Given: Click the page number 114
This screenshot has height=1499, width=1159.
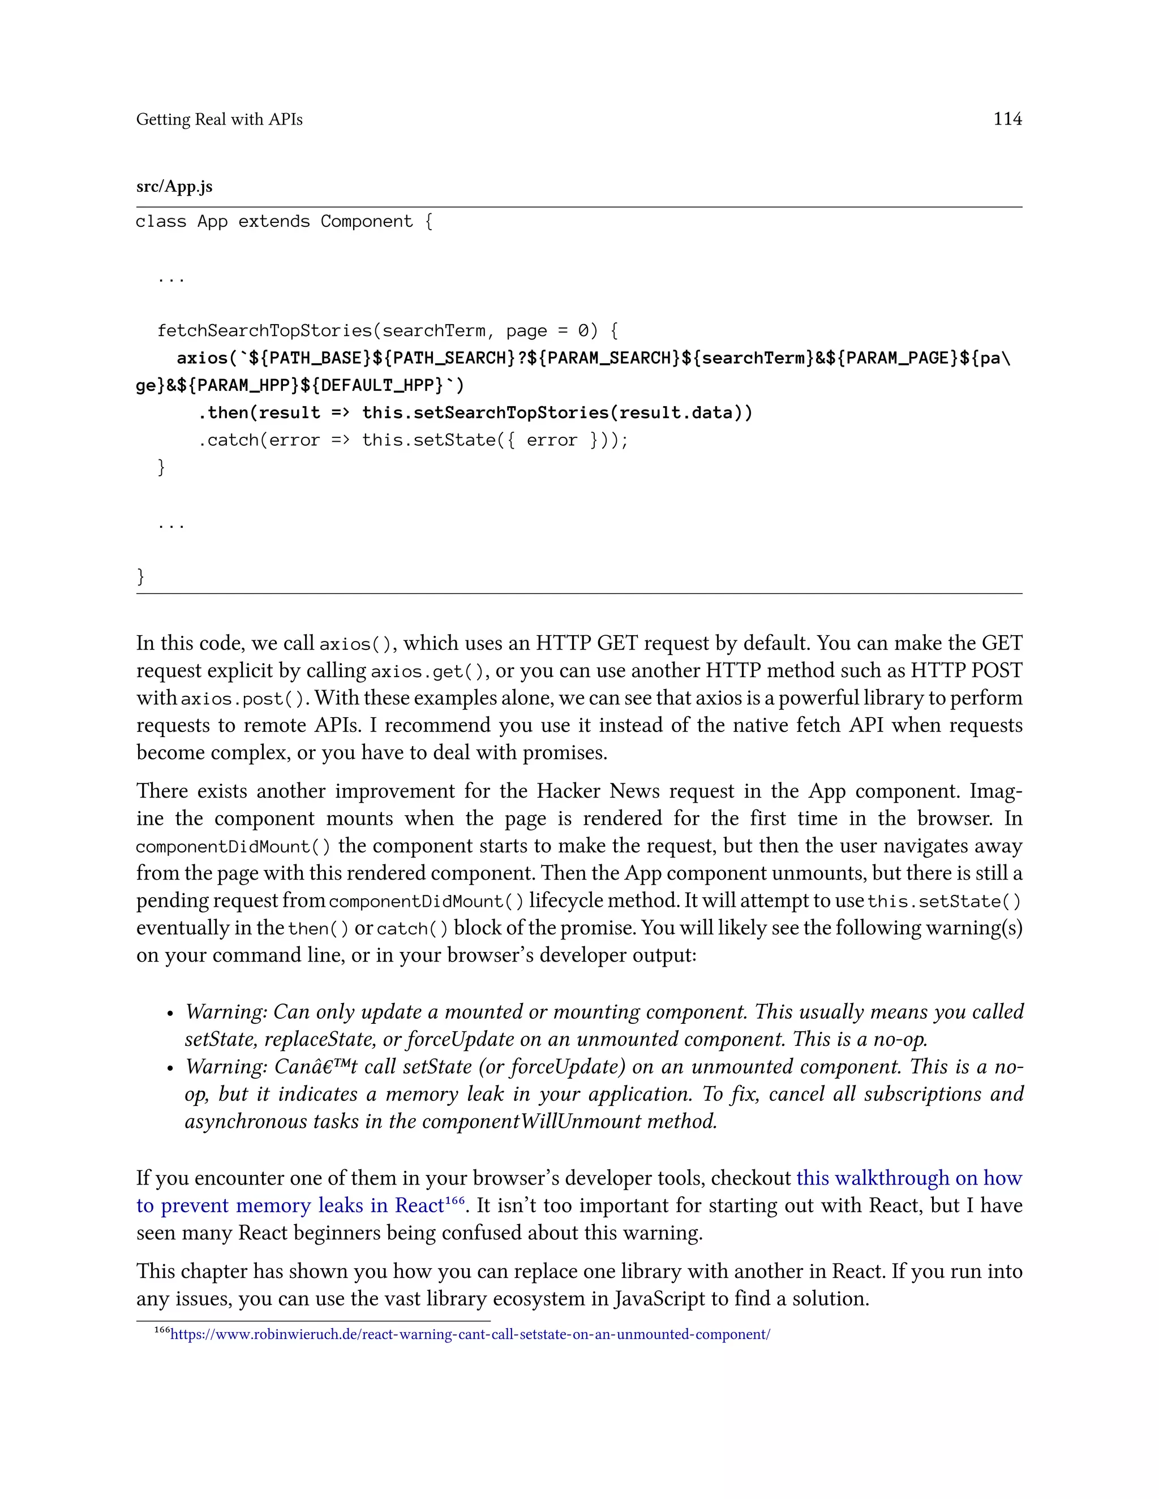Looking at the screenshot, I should tap(1007, 119).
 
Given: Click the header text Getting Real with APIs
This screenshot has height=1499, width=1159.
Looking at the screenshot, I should tap(219, 119).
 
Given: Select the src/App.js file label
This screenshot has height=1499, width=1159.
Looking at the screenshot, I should tap(174, 187).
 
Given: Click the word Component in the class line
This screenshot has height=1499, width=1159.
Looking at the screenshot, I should tap(366, 222).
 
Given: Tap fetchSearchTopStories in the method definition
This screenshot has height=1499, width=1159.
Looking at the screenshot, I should tap(264, 331).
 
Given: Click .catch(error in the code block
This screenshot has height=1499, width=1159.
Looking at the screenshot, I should tap(259, 441).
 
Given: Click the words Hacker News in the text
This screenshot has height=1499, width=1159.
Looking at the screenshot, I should tap(598, 791).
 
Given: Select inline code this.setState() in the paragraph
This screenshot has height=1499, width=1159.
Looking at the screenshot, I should tap(944, 901).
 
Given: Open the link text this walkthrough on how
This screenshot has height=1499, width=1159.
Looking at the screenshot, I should tap(909, 1178).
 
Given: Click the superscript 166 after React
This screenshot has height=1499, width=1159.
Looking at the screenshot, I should tap(454, 1200).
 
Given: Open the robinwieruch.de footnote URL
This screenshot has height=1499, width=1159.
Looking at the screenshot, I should tap(470, 1334).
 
